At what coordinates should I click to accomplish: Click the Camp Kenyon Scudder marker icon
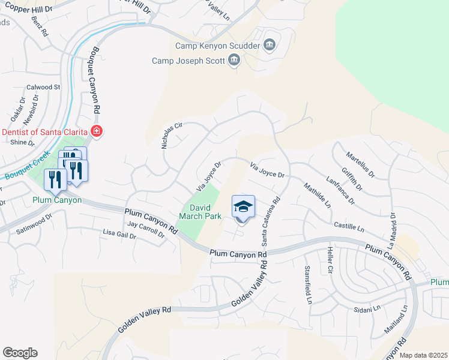(269, 45)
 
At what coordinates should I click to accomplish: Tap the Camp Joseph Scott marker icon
(234, 60)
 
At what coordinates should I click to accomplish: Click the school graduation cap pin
(243, 207)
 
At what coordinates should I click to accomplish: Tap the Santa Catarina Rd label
(270, 223)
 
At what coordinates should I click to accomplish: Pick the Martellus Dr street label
(360, 165)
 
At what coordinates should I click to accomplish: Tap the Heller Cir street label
(330, 260)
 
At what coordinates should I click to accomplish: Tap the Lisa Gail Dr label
(120, 235)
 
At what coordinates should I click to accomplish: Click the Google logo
(20, 352)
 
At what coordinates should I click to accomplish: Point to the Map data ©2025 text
(423, 355)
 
